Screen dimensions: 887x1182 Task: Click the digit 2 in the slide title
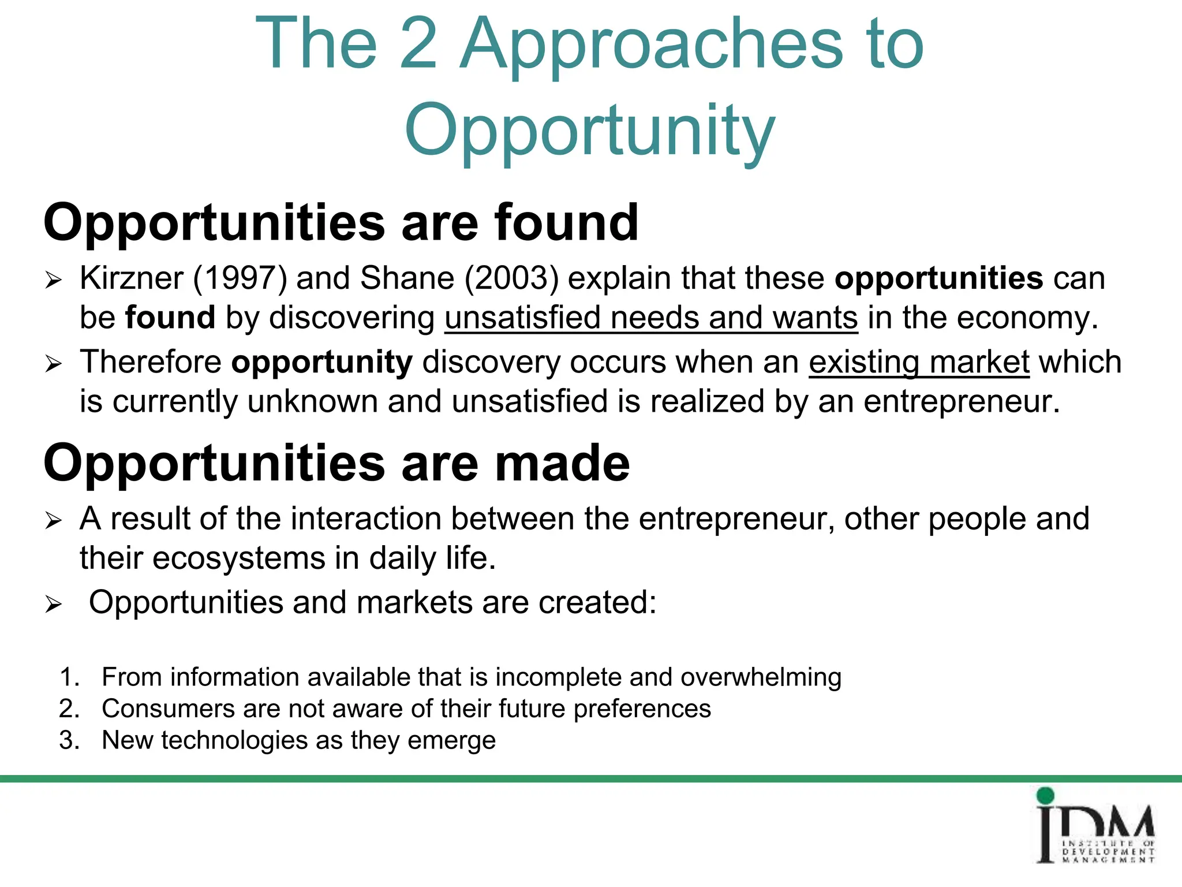417,43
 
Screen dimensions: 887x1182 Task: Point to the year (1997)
240,278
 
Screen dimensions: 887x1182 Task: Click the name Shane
407,278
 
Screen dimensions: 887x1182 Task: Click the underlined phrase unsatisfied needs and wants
651,318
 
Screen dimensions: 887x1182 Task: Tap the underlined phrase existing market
919,363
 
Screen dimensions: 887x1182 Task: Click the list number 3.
69,740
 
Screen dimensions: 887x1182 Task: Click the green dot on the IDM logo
1045,796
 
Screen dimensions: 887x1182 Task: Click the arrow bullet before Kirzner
54,281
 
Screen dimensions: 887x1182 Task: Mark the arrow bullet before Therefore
54,364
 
